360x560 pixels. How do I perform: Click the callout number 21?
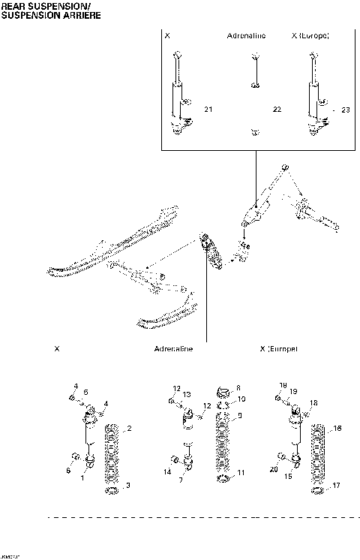208,110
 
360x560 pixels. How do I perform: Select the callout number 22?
277,110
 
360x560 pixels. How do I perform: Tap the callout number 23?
345,110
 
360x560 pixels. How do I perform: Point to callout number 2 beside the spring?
130,429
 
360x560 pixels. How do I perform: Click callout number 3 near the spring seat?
128,486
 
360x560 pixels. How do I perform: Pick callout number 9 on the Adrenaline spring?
240,415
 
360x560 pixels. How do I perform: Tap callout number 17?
337,486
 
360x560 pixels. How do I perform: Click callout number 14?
168,471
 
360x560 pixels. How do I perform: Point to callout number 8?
238,387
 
